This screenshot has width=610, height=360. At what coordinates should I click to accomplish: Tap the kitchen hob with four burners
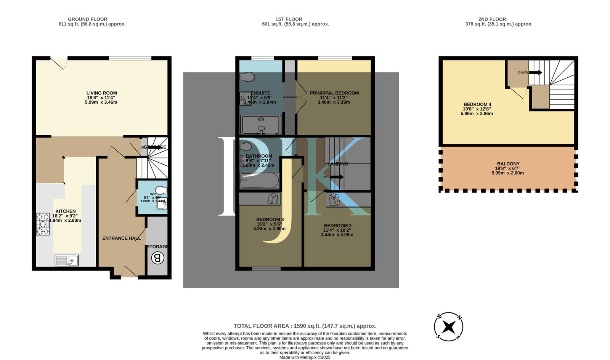click(x=43, y=224)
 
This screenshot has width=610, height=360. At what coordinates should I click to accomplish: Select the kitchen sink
click(x=67, y=261)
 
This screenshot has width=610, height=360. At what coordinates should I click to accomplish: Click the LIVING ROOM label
click(x=101, y=93)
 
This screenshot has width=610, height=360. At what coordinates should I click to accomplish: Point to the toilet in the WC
click(x=161, y=190)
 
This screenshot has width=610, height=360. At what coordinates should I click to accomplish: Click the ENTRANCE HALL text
click(x=121, y=238)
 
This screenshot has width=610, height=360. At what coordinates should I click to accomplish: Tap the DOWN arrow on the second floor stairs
click(x=535, y=72)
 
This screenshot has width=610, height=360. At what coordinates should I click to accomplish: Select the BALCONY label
click(x=508, y=164)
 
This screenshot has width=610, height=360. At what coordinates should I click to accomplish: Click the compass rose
click(x=449, y=327)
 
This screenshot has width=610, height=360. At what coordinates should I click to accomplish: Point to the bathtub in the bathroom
click(x=259, y=181)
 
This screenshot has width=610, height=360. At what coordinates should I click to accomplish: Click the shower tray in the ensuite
click(x=261, y=125)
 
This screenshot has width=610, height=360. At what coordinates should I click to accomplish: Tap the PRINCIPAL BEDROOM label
click(x=334, y=93)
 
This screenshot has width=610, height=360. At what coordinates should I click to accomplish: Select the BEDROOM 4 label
click(x=477, y=104)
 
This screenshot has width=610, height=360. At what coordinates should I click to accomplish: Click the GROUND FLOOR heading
click(x=87, y=19)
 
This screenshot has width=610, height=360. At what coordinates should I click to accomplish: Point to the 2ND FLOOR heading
click(x=492, y=19)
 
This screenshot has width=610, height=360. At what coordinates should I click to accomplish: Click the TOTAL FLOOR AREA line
click(x=305, y=326)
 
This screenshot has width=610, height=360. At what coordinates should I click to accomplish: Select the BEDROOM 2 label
click(x=337, y=226)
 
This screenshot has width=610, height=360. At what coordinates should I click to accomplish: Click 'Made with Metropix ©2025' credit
click(x=305, y=357)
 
